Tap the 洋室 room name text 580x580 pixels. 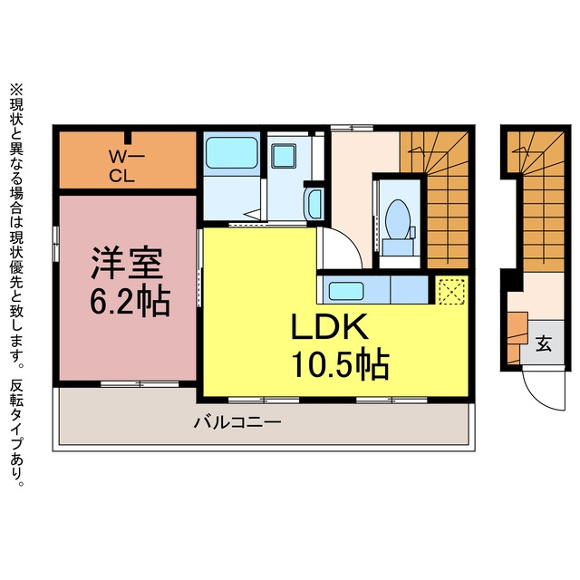127,263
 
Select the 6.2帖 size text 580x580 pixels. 130,301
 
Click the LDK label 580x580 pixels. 330,326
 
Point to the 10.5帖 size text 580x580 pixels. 341,362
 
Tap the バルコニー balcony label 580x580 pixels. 237,422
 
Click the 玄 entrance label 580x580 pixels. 544,344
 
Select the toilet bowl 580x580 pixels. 398,220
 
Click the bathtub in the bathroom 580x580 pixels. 232,153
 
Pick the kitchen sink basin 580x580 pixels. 346,291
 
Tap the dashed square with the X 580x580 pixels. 451,292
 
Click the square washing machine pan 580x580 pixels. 284,156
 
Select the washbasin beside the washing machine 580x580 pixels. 314,204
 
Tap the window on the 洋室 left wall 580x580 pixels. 55,244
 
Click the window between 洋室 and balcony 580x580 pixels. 140,384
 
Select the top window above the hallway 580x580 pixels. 352,128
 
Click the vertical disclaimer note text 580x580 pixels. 16,285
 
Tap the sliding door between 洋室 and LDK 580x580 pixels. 199,267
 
